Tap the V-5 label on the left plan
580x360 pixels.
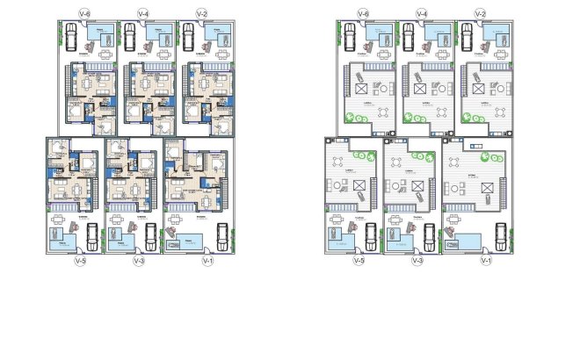click(80, 261)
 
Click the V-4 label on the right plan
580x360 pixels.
click(422, 13)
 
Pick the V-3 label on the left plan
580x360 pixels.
click(137, 261)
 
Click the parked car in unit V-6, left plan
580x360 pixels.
click(69, 38)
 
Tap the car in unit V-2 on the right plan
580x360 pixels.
click(466, 37)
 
